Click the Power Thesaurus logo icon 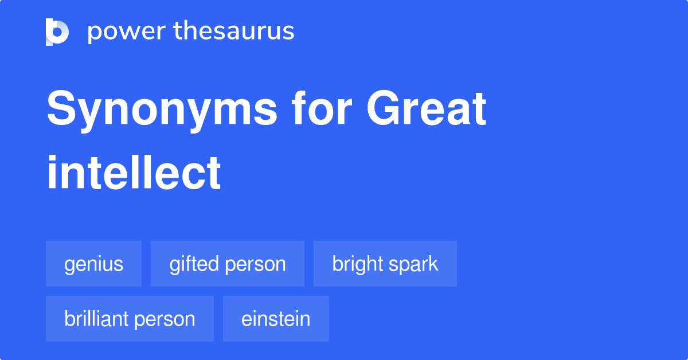point(57,32)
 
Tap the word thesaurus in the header point(234,32)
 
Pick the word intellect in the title point(134,172)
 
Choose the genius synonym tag point(93,264)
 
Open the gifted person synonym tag point(228,264)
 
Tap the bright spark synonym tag point(385,264)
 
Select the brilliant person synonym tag point(130,319)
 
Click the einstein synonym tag point(276,319)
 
